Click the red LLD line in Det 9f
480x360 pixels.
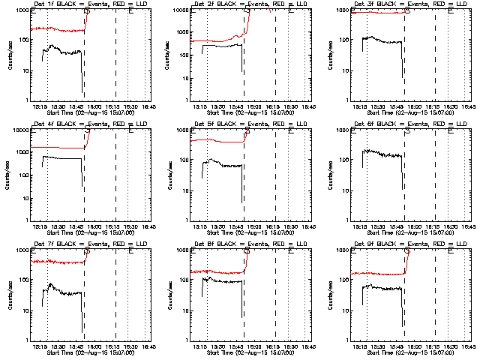click(x=375, y=274)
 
